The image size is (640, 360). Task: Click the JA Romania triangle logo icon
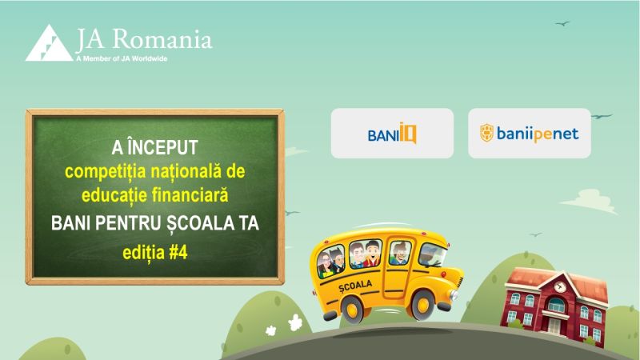(x=47, y=44)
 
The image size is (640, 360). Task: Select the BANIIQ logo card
(x=392, y=133)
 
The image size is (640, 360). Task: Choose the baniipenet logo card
(x=530, y=133)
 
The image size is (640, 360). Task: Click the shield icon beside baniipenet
(x=486, y=133)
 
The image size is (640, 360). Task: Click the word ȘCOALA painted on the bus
(x=356, y=285)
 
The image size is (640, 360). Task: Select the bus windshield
(x=433, y=254)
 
